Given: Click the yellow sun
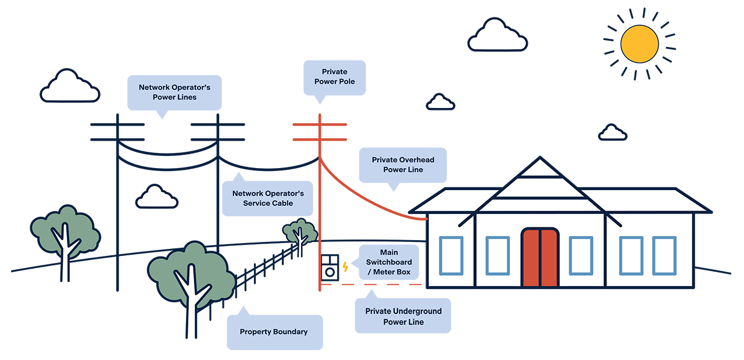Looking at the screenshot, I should click(x=639, y=44).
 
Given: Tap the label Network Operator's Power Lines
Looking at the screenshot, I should click(x=174, y=92).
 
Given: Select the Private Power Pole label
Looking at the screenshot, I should click(x=335, y=77).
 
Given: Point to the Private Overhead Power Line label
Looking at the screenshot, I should click(x=403, y=165).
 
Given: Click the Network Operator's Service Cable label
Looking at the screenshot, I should click(x=268, y=198).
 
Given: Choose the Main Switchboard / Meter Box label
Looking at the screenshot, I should click(x=388, y=262).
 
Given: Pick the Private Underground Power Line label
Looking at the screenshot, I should click(x=403, y=316).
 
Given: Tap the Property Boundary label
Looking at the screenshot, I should click(x=274, y=332).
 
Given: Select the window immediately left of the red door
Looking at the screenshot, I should click(x=498, y=255).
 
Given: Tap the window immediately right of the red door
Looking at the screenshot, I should click(x=581, y=255).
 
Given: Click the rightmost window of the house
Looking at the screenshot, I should click(x=664, y=255).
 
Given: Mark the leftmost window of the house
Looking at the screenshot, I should click(x=451, y=255).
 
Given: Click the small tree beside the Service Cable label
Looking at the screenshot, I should click(x=300, y=233).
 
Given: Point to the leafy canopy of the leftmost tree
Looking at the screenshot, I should click(x=65, y=230).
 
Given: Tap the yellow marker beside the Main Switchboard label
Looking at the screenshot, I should click(x=346, y=266).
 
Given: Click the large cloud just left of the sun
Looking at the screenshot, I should click(x=497, y=36).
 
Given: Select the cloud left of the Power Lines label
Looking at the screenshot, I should click(x=70, y=87).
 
